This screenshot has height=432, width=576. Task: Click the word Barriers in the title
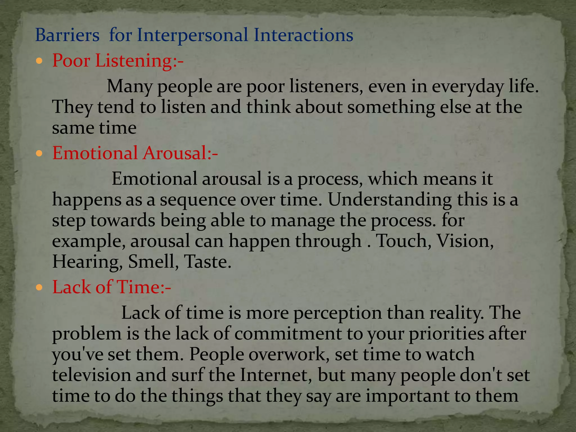(x=67, y=35)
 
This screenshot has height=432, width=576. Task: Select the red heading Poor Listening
(x=118, y=61)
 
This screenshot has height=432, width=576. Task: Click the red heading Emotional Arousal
(x=135, y=153)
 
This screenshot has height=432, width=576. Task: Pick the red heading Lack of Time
(x=112, y=287)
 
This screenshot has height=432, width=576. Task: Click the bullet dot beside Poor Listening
(x=39, y=61)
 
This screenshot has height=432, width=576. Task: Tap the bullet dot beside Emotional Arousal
(x=39, y=153)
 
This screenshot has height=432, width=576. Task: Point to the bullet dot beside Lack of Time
(x=39, y=287)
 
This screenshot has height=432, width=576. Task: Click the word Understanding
(x=390, y=200)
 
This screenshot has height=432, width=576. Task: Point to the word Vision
(x=465, y=241)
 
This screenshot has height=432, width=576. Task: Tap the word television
(x=91, y=375)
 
